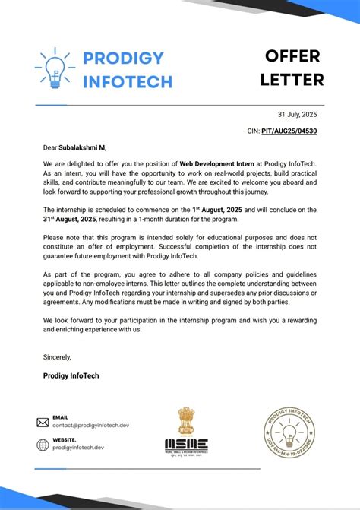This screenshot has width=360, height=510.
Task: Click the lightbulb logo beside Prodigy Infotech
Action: tap(54, 68)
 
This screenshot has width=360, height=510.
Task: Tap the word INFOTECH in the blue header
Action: tap(128, 81)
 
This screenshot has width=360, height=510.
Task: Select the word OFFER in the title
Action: tap(292, 56)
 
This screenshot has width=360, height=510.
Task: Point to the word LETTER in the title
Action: tap(292, 79)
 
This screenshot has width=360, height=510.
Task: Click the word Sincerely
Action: tap(57, 356)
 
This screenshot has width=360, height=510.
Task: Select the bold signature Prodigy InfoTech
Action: tap(71, 375)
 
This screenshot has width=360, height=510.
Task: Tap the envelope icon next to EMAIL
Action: tap(43, 422)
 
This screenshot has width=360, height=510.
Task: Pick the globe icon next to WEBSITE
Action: tap(43, 444)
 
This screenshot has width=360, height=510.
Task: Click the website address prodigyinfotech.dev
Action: tap(78, 448)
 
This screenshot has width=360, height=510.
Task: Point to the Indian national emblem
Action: tap(186, 420)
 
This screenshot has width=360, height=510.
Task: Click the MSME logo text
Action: tap(186, 444)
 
